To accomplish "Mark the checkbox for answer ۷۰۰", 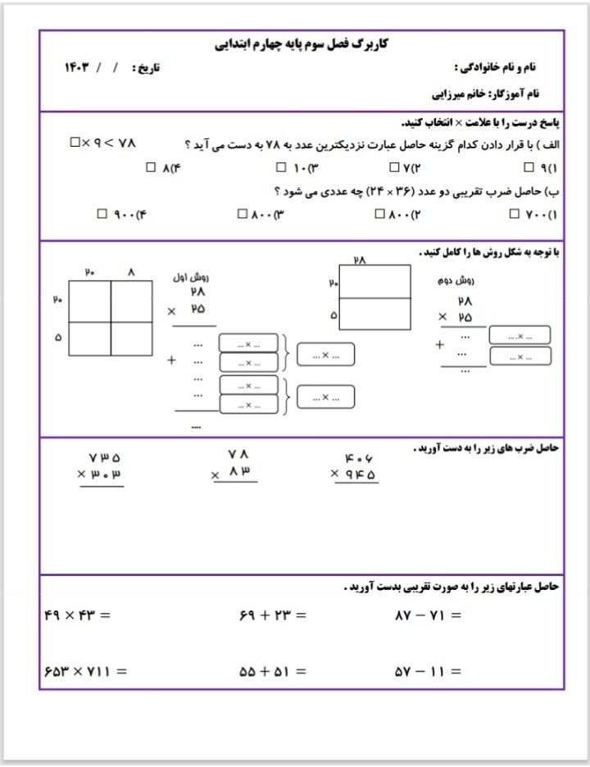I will pos(514,214).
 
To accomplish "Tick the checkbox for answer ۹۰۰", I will pos(102,214).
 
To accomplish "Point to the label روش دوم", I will pos(456,279).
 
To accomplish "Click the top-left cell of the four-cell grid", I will pos(90,302).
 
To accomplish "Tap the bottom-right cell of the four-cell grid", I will pos(131,338).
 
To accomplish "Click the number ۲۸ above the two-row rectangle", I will pos(360,259).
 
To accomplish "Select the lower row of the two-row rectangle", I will pos(374,314).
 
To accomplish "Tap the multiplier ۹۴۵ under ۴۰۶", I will pos(359,474).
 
